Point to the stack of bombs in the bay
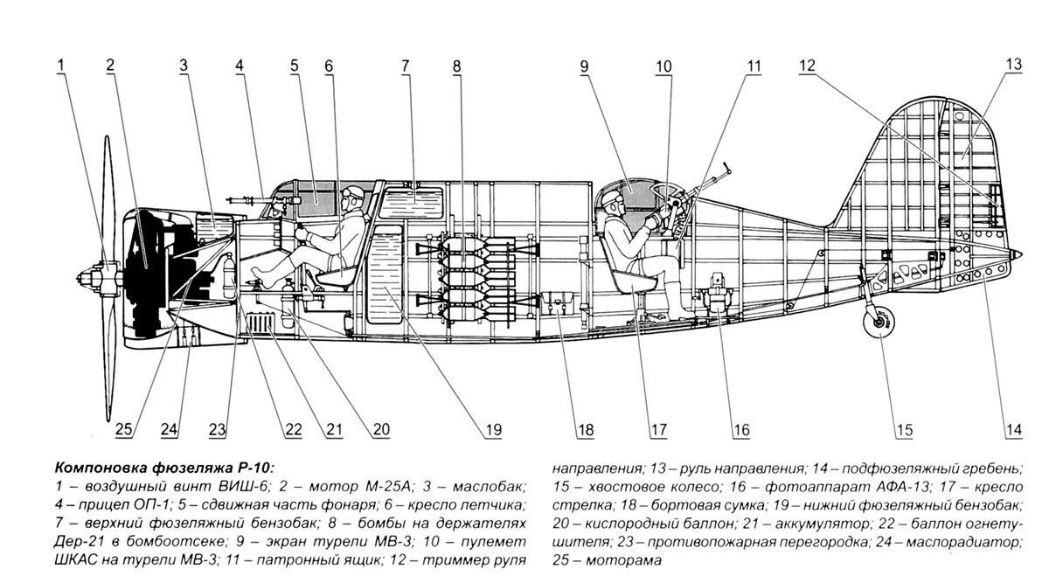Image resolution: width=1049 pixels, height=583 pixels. (x=477, y=276)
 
